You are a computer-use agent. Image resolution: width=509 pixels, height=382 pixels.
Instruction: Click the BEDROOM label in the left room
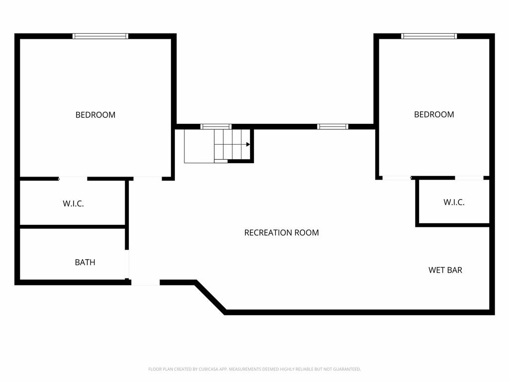(x=95, y=115)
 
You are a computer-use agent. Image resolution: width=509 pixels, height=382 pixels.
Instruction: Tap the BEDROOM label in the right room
(x=434, y=114)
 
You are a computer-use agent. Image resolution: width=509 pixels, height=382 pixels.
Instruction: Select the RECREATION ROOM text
(x=281, y=233)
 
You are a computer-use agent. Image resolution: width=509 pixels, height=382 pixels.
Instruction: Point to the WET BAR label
(x=445, y=270)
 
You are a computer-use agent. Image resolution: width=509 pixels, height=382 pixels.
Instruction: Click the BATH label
(x=85, y=262)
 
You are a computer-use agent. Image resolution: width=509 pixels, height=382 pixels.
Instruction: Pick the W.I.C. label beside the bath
(x=74, y=203)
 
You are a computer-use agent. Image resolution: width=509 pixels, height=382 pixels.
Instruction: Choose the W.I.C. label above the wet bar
(x=454, y=202)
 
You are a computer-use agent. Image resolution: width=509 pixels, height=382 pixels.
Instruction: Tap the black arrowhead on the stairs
(x=248, y=144)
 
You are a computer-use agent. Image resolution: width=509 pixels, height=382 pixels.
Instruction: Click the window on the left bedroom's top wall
(x=100, y=36)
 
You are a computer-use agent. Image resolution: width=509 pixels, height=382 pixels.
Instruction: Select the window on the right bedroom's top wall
(x=429, y=36)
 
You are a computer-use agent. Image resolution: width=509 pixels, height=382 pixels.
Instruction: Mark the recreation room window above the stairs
(x=216, y=127)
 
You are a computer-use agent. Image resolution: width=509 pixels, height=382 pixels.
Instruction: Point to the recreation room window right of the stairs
(x=333, y=127)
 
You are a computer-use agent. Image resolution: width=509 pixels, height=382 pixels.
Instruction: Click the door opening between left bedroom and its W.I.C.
(x=73, y=179)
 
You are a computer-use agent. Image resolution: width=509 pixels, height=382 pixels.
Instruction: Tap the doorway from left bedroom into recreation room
(x=148, y=179)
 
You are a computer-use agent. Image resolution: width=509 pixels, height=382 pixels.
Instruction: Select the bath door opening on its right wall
(x=127, y=264)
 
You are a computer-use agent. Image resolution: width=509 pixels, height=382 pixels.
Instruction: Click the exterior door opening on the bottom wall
(x=146, y=283)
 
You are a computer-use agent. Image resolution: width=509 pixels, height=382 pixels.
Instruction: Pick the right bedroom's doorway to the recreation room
(x=397, y=178)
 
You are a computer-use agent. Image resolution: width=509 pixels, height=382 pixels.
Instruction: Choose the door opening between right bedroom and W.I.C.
(x=469, y=178)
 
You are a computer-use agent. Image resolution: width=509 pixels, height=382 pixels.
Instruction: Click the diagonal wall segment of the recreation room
(x=210, y=297)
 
